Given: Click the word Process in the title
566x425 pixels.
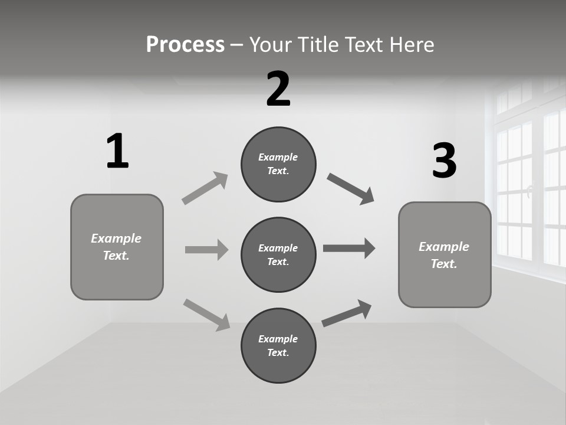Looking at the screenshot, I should click(185, 45).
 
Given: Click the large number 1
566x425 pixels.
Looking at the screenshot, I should click(117, 151).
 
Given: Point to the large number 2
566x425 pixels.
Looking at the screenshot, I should click(278, 89).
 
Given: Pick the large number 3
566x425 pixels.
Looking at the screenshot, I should click(444, 161).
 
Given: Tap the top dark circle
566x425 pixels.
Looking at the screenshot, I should click(278, 164).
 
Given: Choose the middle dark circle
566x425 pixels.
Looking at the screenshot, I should click(278, 254).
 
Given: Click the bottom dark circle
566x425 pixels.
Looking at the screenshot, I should click(278, 345).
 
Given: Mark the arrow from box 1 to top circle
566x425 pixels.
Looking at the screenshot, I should click(205, 188).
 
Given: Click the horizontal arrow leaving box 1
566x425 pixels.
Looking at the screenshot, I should click(206, 250).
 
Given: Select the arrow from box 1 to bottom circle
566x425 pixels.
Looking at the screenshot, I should click(206, 315).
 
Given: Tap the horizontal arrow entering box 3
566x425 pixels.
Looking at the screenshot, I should click(349, 249).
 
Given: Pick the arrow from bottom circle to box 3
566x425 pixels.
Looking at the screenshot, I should click(347, 313).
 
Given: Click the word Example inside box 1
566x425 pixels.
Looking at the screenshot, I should click(116, 238).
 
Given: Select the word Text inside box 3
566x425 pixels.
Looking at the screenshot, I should click(443, 264).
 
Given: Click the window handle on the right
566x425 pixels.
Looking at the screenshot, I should click(529, 191).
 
